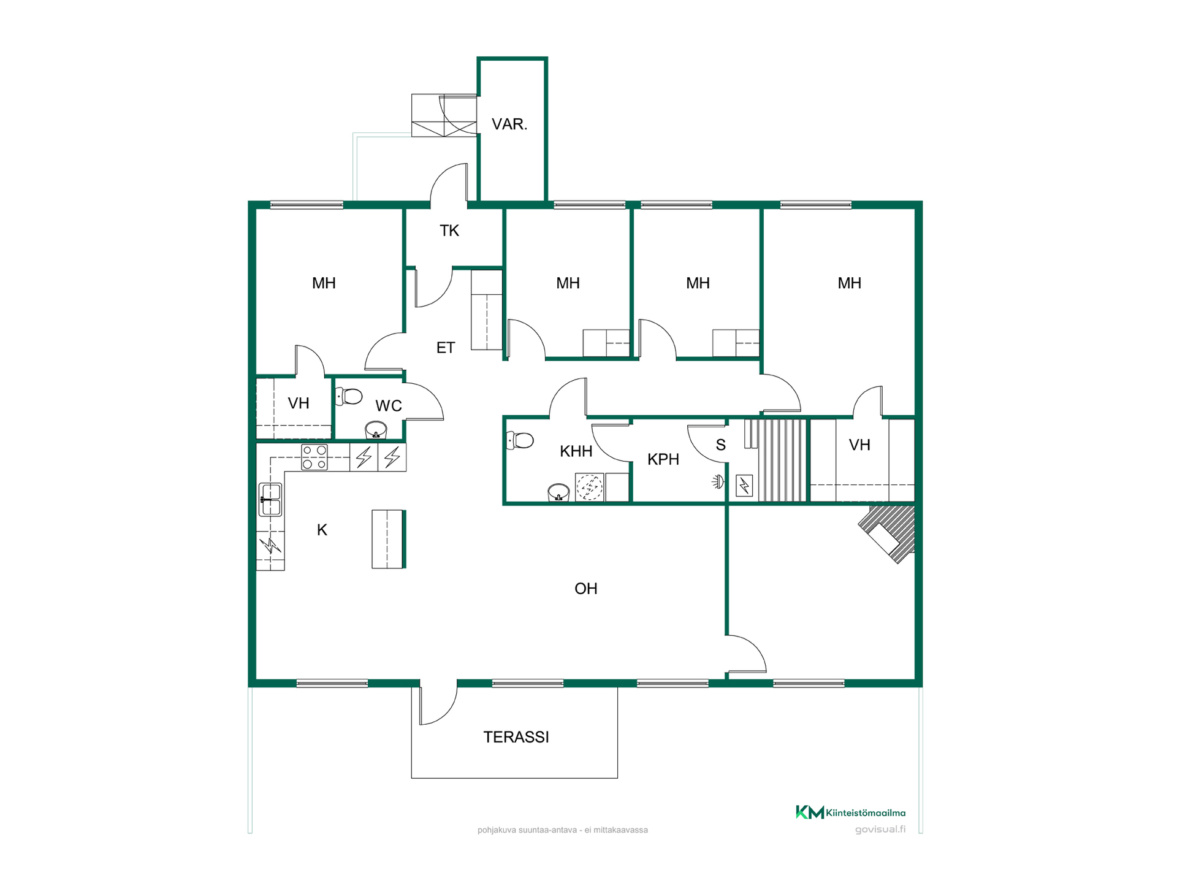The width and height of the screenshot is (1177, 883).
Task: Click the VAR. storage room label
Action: click(x=509, y=124)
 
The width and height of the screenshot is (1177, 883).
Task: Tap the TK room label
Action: click(x=449, y=231)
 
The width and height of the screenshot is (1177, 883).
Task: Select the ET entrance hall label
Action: click(x=446, y=348)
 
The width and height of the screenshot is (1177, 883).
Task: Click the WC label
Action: click(x=389, y=405)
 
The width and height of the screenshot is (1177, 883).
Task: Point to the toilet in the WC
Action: click(x=349, y=396)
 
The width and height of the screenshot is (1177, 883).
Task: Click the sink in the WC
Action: click(x=376, y=429)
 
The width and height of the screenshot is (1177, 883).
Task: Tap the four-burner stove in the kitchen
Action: click(x=314, y=457)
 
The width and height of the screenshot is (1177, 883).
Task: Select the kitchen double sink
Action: click(x=270, y=499)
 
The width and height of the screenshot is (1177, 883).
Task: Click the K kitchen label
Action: click(x=322, y=530)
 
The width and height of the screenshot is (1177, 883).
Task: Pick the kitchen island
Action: click(x=389, y=539)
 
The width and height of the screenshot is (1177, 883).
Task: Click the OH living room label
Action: click(x=585, y=589)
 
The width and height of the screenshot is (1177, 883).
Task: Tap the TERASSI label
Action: click(x=516, y=737)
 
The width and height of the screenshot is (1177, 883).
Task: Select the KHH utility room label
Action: click(x=576, y=451)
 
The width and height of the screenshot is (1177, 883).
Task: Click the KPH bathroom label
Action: click(x=663, y=459)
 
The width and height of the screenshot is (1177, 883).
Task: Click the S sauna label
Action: click(x=721, y=445)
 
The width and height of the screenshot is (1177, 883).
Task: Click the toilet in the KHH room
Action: click(x=520, y=440)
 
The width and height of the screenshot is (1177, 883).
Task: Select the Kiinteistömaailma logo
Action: click(x=850, y=812)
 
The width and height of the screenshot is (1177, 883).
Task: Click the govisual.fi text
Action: click(x=880, y=830)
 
